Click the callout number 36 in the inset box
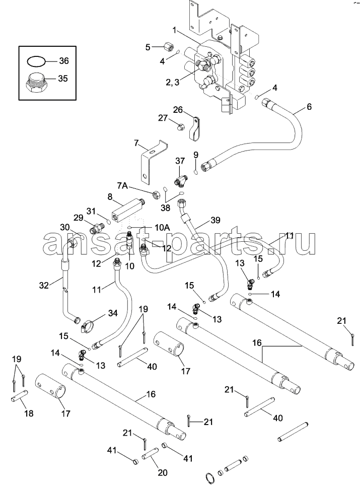63,61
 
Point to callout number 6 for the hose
309,106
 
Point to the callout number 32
44,285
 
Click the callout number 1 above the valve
174,31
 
